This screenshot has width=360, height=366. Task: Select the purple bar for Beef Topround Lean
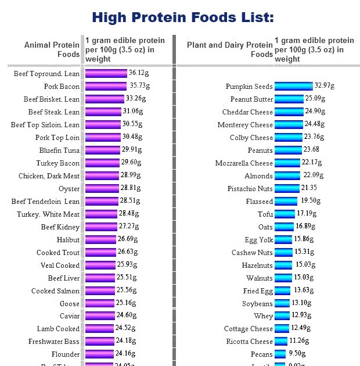coord(106,74)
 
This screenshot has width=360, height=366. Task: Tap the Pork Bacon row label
coord(62,87)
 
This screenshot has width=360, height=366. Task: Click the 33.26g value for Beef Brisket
coord(135,99)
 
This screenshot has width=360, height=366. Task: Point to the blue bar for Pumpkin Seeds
coord(293,87)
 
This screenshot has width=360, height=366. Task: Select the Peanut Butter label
coord(251,99)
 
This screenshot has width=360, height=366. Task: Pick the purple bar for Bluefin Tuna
coord(103,150)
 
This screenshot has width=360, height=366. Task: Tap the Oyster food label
coord(69,189)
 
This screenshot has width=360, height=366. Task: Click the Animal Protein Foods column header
coord(52,49)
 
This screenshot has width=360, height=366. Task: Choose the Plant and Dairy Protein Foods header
coord(230,49)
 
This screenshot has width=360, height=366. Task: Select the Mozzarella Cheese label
coord(244,163)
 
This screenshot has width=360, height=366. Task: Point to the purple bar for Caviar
coord(99,316)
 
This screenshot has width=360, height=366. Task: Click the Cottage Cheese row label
coord(249,329)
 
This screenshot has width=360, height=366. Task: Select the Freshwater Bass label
coord(54,342)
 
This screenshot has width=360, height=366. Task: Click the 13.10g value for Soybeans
coord(301,303)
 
